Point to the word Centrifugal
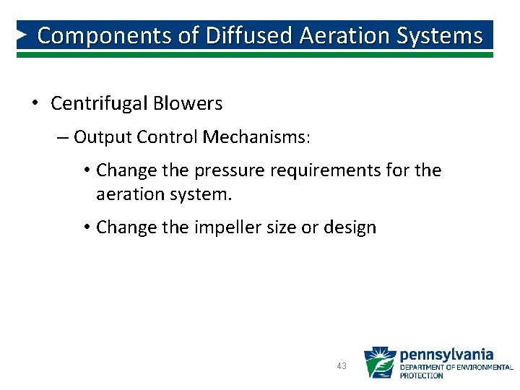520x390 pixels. (x=100, y=103)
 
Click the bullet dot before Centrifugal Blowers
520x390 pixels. (x=35, y=103)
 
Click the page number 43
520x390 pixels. (x=342, y=366)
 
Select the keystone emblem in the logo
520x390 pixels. (x=379, y=363)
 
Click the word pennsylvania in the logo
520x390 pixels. (x=446, y=354)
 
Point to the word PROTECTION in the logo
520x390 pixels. (x=422, y=376)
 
